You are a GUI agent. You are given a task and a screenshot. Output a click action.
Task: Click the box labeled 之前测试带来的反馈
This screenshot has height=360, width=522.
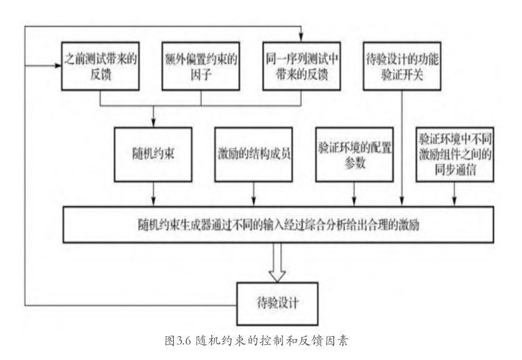pyautogui.click(x=100, y=66)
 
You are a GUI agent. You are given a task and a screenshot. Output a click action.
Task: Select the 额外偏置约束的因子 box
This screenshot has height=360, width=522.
pyautogui.click(x=201, y=66)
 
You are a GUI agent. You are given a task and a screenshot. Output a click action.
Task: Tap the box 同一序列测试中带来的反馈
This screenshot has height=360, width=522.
pyautogui.click(x=301, y=66)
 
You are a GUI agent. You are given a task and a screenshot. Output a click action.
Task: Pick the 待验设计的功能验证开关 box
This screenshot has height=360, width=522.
pyautogui.click(x=402, y=66)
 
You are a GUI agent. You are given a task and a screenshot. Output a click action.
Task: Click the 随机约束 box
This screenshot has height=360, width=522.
pyautogui.click(x=153, y=154)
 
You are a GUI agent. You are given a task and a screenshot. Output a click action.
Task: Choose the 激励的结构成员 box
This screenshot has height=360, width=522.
pyautogui.click(x=254, y=154)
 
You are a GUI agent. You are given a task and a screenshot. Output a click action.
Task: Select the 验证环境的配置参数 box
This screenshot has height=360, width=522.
pyautogui.click(x=354, y=154)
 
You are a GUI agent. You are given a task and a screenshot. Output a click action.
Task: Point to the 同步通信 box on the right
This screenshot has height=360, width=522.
pyautogui.click(x=454, y=154)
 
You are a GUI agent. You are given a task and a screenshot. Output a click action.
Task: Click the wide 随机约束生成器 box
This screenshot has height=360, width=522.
pyautogui.click(x=278, y=224)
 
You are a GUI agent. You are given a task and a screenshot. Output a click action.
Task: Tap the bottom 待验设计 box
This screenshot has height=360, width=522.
pyautogui.click(x=278, y=304)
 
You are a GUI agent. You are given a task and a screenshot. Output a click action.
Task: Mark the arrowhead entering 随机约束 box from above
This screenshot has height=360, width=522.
pyautogui.click(x=153, y=124)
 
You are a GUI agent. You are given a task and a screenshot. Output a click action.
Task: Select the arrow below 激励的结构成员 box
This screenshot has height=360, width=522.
pyautogui.click(x=254, y=194)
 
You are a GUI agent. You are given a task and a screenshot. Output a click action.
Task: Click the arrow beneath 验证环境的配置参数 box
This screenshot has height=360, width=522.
pyautogui.click(x=354, y=194)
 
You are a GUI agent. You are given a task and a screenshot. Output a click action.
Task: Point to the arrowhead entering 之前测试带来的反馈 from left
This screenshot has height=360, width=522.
pyautogui.click(x=58, y=66)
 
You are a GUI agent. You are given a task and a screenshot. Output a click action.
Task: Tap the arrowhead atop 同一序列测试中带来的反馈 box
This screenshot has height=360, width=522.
pyautogui.click(x=301, y=38)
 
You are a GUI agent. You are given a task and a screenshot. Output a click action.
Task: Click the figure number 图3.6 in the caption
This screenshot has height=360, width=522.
pyautogui.click(x=178, y=341)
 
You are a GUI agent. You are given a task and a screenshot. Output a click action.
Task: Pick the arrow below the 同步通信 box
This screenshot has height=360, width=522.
pyautogui.click(x=454, y=194)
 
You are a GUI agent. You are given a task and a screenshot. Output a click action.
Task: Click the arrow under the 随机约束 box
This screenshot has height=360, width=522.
pyautogui.click(x=153, y=194)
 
